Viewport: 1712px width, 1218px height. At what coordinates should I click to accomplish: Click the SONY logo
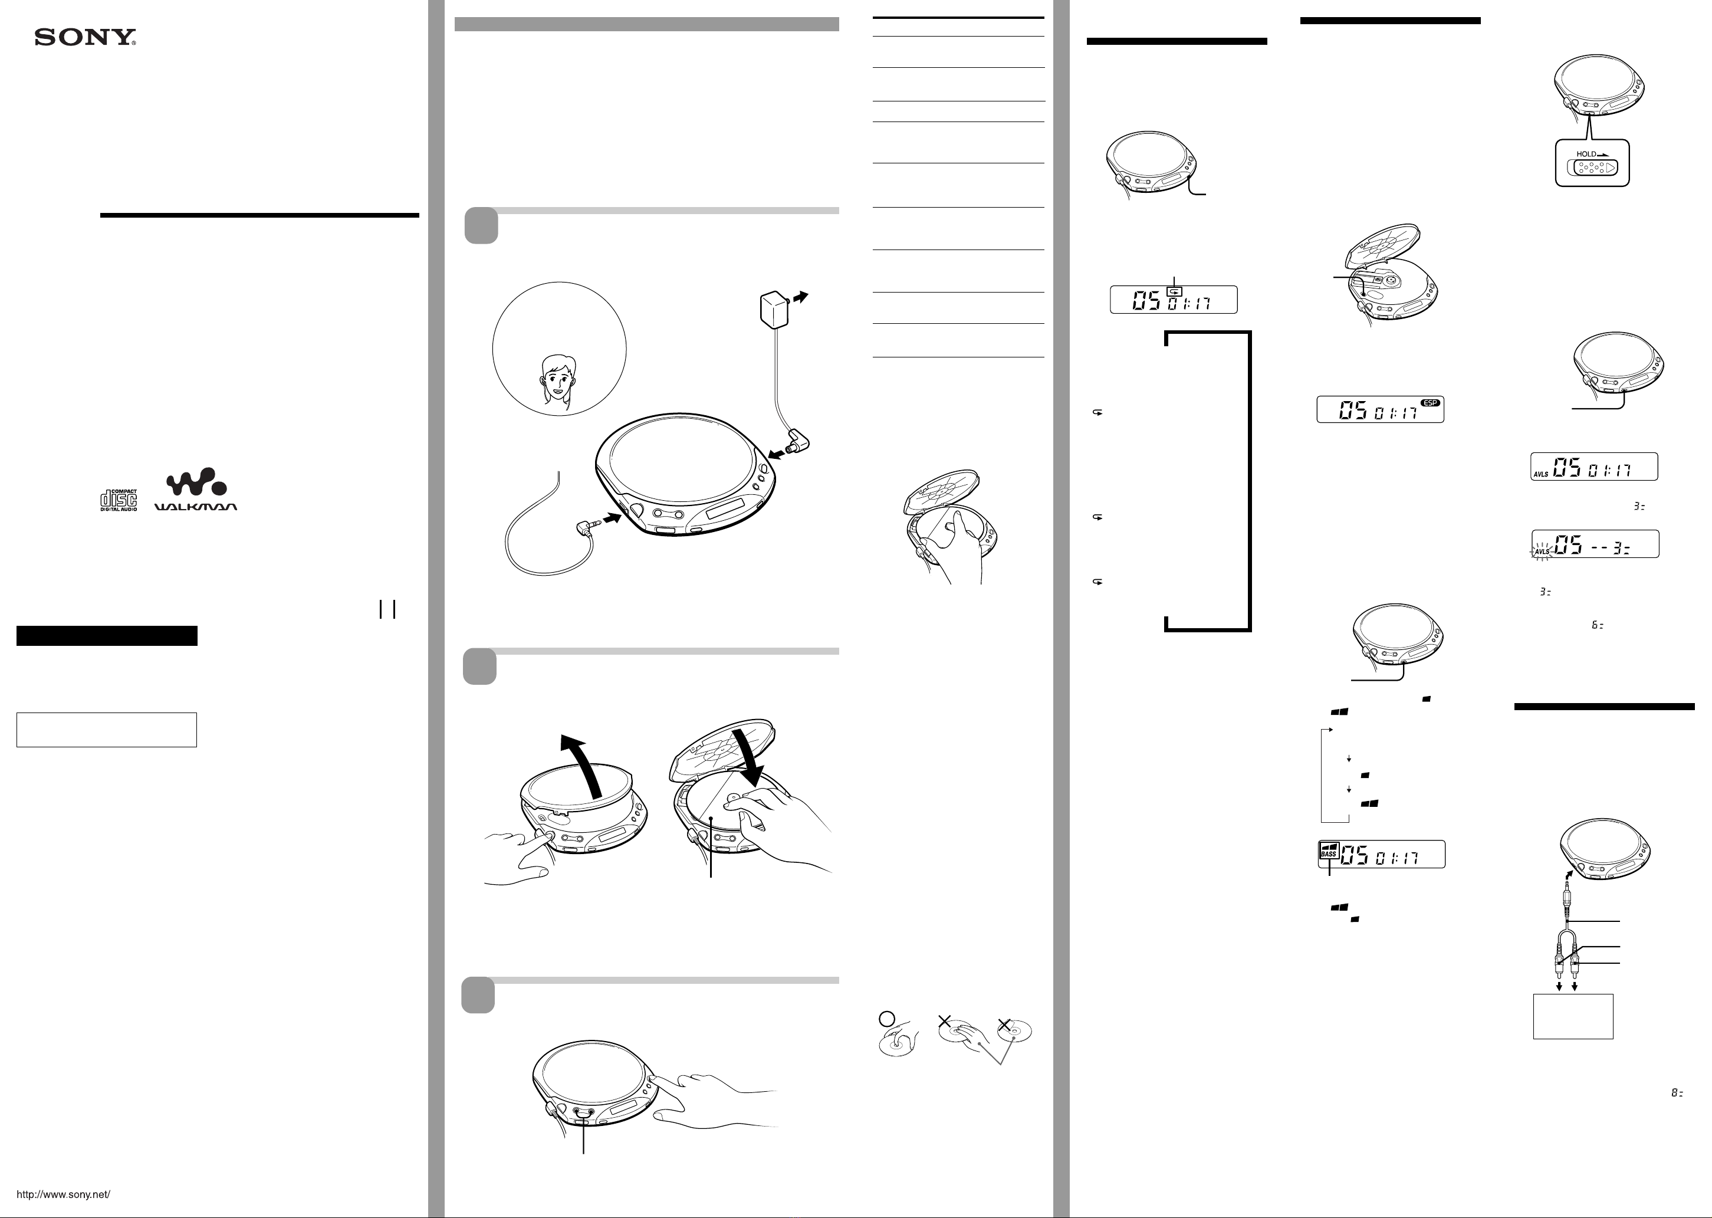click(85, 38)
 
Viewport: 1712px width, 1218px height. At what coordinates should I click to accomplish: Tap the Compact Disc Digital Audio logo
click(119, 500)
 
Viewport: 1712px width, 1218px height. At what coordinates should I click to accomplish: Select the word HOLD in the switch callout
click(1586, 154)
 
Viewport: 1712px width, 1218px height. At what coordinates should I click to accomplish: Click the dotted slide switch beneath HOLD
click(1593, 168)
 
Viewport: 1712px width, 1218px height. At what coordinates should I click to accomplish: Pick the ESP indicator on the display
click(1430, 403)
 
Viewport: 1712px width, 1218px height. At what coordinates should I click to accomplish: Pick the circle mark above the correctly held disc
click(886, 1019)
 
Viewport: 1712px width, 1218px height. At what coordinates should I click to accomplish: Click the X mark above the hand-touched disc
click(945, 1021)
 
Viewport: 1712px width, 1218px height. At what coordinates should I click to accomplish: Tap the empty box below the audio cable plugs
click(1572, 1016)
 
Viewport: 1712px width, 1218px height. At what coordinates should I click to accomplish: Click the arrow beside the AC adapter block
click(801, 297)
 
